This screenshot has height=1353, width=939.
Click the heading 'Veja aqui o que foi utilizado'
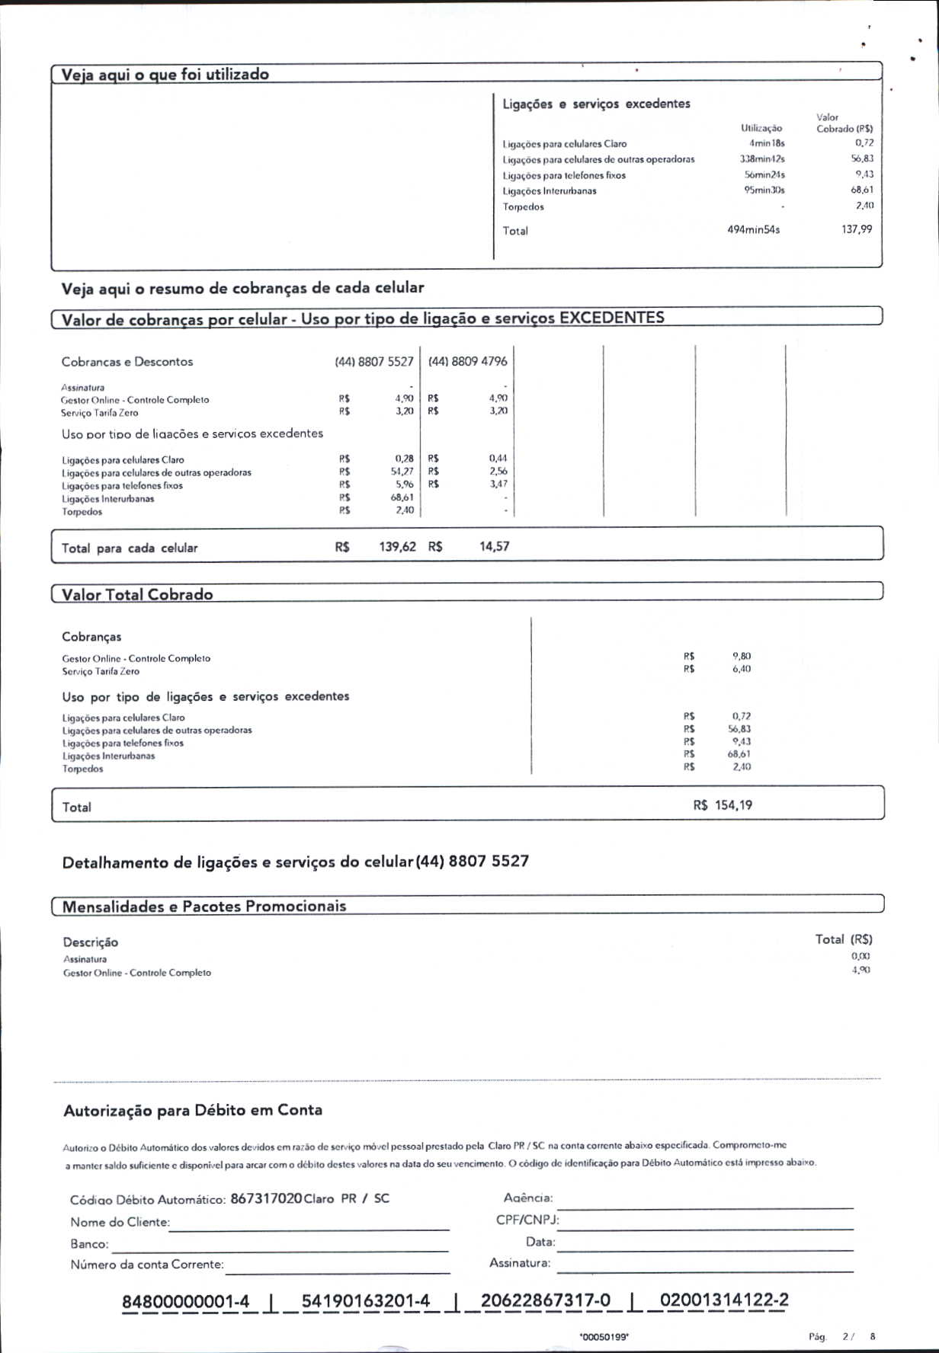point(165,75)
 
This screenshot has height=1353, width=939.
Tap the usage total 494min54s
point(753,230)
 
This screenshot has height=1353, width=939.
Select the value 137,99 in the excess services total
point(857,229)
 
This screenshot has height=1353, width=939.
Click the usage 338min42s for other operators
point(761,159)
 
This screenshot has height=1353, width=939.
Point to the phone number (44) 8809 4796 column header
point(467,361)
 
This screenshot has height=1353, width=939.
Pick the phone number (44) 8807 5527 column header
point(373,361)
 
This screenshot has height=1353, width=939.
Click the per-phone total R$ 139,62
point(397,547)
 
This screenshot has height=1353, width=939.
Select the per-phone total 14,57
point(494,547)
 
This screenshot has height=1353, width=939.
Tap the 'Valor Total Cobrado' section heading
point(137,595)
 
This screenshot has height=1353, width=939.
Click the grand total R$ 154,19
point(723,805)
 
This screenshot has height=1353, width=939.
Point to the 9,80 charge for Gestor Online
point(741,656)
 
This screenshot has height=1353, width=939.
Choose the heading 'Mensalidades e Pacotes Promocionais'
point(204,907)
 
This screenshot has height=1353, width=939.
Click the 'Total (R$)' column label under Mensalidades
point(843,940)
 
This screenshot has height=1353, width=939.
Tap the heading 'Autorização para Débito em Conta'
point(193,1111)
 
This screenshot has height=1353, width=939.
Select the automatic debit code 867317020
point(266,1198)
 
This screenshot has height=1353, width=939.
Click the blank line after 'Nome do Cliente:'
point(309,1223)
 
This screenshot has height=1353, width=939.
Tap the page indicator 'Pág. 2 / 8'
point(841,1336)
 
